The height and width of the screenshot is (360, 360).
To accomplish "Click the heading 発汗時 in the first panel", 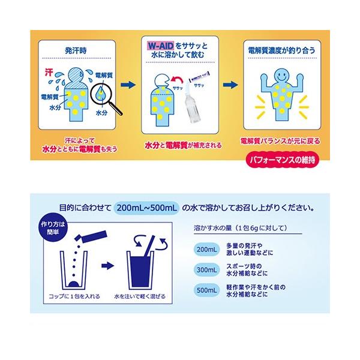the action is pos(74,51).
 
